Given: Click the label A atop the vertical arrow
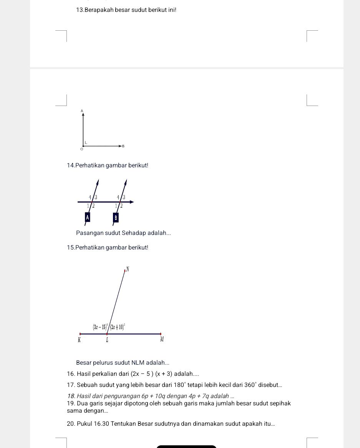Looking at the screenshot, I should (x=82, y=110).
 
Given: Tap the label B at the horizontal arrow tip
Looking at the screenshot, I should (x=123, y=146).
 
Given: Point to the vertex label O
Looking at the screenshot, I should (x=81, y=149).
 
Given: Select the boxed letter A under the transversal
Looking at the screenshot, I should (x=87, y=217).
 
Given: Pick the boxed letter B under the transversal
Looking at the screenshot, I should (x=115, y=218).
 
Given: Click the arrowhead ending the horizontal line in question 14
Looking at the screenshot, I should (x=131, y=202).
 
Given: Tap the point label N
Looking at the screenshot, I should (x=128, y=269).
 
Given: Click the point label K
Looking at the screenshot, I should (x=79, y=340).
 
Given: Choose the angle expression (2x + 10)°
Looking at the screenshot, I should (x=118, y=327).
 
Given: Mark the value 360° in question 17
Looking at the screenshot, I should (x=251, y=385).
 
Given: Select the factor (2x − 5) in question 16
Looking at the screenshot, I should (x=142, y=374).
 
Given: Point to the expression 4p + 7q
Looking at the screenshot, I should (x=199, y=396).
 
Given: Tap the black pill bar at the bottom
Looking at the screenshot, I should (x=186, y=446).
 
